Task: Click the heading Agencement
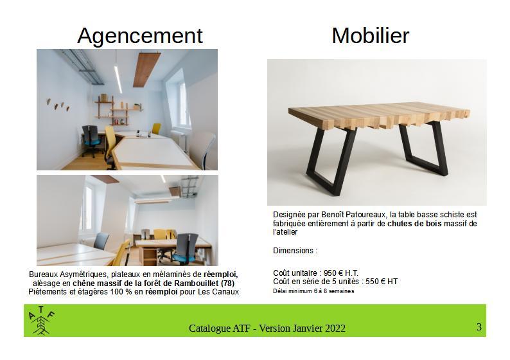point(140,36)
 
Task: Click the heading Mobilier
point(371,35)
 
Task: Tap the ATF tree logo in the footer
point(41,321)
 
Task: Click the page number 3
point(479,327)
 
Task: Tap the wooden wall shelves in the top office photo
point(117,110)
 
